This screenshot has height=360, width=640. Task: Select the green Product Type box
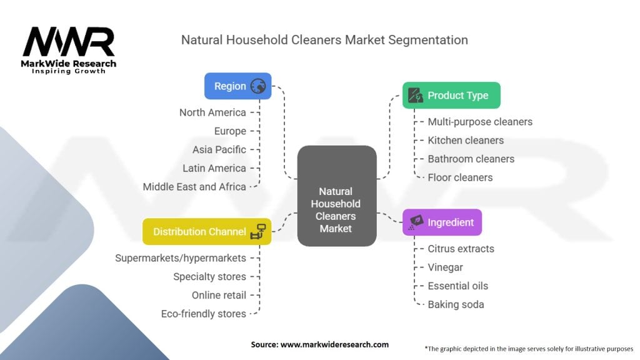click(x=451, y=96)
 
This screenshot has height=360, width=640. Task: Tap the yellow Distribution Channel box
click(x=206, y=231)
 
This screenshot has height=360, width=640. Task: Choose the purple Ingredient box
click(x=442, y=222)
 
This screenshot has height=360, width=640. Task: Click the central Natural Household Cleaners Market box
click(x=336, y=195)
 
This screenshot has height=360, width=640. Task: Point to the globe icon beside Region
click(x=258, y=86)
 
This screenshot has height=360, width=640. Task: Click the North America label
click(x=212, y=112)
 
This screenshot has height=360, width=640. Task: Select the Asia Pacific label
click(x=219, y=149)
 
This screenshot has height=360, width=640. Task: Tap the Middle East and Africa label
click(x=194, y=186)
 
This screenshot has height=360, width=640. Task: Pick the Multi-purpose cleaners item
click(x=480, y=122)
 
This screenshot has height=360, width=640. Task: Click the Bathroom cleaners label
click(x=471, y=159)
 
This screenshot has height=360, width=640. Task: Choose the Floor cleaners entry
click(x=460, y=177)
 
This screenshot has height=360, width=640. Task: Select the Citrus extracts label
click(x=461, y=249)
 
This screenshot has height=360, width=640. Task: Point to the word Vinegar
click(x=445, y=267)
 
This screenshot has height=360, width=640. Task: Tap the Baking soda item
click(x=456, y=304)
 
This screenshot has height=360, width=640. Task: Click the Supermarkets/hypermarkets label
click(x=181, y=257)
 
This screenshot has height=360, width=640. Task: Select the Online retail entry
click(x=219, y=295)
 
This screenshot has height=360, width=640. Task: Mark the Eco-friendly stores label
click(x=203, y=314)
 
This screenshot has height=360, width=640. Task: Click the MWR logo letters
click(x=69, y=42)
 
